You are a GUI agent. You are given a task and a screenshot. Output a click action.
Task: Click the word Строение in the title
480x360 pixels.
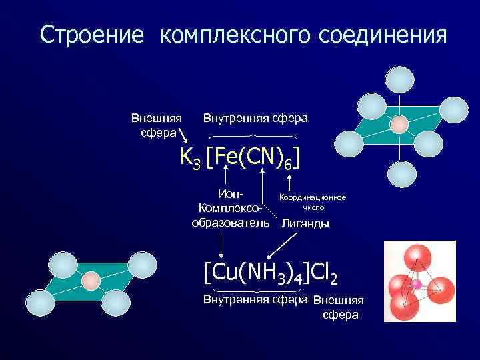91,35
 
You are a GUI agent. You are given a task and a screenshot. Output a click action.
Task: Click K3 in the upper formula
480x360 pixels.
190,156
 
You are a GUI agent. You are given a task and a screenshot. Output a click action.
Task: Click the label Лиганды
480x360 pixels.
305,223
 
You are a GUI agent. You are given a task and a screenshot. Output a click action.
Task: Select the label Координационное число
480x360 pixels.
311,203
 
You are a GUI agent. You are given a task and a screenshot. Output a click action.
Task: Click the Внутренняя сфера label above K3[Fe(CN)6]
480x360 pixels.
255,118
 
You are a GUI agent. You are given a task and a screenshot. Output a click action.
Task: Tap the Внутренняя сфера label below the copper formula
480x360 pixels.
255,299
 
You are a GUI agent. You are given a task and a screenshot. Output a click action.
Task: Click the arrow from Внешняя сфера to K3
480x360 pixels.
183,138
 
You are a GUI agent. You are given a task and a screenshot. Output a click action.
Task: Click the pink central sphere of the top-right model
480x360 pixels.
399,125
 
